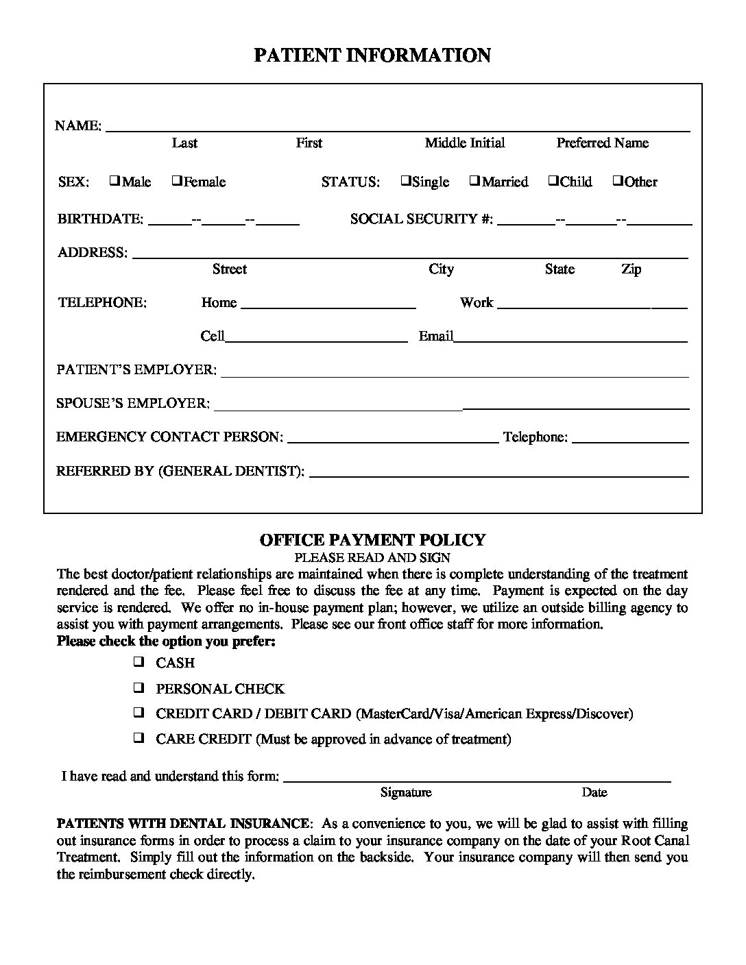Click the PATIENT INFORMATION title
click(x=372, y=56)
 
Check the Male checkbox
click(x=115, y=181)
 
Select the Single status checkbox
click(x=406, y=181)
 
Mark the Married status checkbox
click(x=474, y=181)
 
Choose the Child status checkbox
click(x=553, y=181)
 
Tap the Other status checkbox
click(x=617, y=181)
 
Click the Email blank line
click(x=570, y=339)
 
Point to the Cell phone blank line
click(x=316, y=339)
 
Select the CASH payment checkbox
click(x=139, y=662)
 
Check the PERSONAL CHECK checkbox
click(x=139, y=687)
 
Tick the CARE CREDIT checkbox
click(x=139, y=738)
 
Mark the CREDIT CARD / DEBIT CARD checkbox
click(x=139, y=713)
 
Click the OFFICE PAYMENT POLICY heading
click(x=372, y=540)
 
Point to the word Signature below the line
click(x=406, y=792)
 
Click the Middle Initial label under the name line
click(x=464, y=143)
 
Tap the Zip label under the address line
click(x=631, y=269)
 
